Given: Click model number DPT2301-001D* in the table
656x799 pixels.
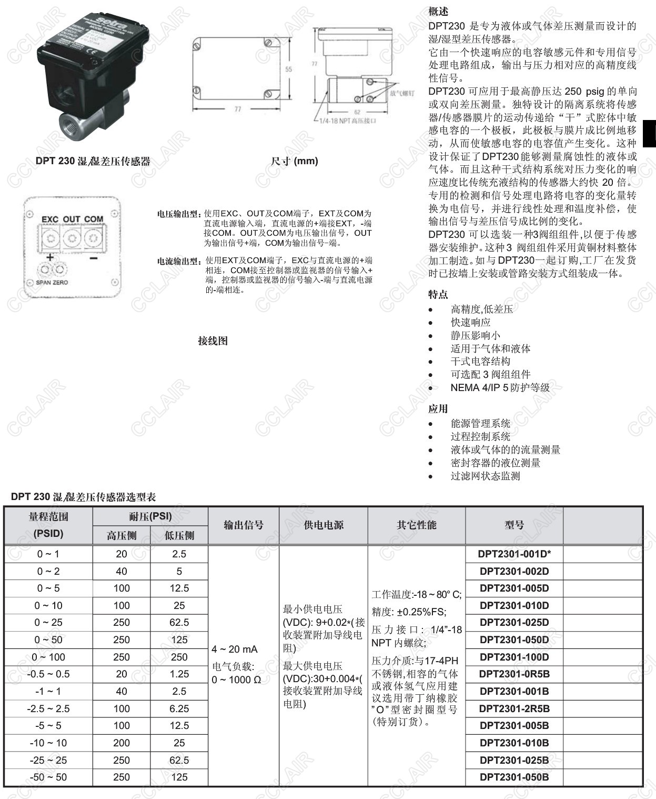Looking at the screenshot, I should [514, 554].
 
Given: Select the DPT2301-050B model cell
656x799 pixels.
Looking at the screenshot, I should [514, 777].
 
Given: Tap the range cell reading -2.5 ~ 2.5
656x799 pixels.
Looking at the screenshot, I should [48, 708].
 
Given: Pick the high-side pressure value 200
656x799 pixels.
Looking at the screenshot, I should [122, 743].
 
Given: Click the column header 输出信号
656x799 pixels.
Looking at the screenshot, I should [244, 525].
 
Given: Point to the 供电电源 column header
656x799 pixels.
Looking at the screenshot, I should [324, 525].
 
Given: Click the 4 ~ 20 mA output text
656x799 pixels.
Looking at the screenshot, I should [235, 649].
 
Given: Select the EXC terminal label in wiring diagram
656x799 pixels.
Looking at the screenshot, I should [50, 219].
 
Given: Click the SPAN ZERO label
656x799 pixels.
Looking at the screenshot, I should [52, 283].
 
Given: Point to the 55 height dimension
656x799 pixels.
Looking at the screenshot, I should [289, 69].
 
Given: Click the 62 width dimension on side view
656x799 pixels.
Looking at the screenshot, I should [357, 112].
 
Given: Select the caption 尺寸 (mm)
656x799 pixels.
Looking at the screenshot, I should [294, 161].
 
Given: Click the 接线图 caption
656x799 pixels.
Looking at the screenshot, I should [213, 341].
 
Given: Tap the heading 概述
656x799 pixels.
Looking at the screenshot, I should [438, 12].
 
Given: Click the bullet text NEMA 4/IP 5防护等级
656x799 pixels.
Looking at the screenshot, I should [500, 387].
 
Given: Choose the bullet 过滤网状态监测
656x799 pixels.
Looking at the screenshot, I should [485, 476].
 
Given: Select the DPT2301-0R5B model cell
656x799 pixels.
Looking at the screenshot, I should [514, 674].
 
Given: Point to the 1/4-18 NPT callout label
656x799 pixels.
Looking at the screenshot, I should [348, 121].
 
